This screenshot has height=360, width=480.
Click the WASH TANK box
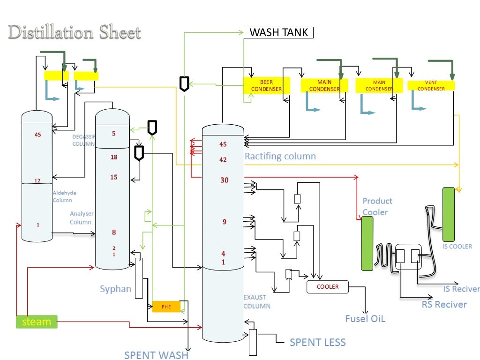point(278,33)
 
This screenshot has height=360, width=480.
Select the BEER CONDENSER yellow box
point(266,86)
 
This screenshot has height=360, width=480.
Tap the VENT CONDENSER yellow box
point(431,85)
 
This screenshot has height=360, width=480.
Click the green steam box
point(37,322)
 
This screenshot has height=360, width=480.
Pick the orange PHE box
point(166,307)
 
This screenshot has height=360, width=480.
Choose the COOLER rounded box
point(328,286)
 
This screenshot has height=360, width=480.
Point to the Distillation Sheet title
point(75,33)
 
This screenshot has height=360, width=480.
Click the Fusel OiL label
point(365,319)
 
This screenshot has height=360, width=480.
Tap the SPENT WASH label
point(156,355)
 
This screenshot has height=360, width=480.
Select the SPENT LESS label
point(317,343)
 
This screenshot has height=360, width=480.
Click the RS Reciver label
point(444,305)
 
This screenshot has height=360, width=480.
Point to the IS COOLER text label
point(457,246)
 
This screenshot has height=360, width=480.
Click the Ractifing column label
point(280,156)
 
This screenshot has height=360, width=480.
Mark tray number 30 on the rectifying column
point(224,180)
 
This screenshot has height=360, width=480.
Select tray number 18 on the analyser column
point(114,157)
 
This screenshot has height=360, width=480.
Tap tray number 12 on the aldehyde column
point(37,181)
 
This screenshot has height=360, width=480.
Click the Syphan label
point(115,289)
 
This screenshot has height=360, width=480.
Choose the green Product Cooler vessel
point(367,243)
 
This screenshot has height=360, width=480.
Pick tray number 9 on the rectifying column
point(224,222)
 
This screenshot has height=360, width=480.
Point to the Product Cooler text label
point(377,206)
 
